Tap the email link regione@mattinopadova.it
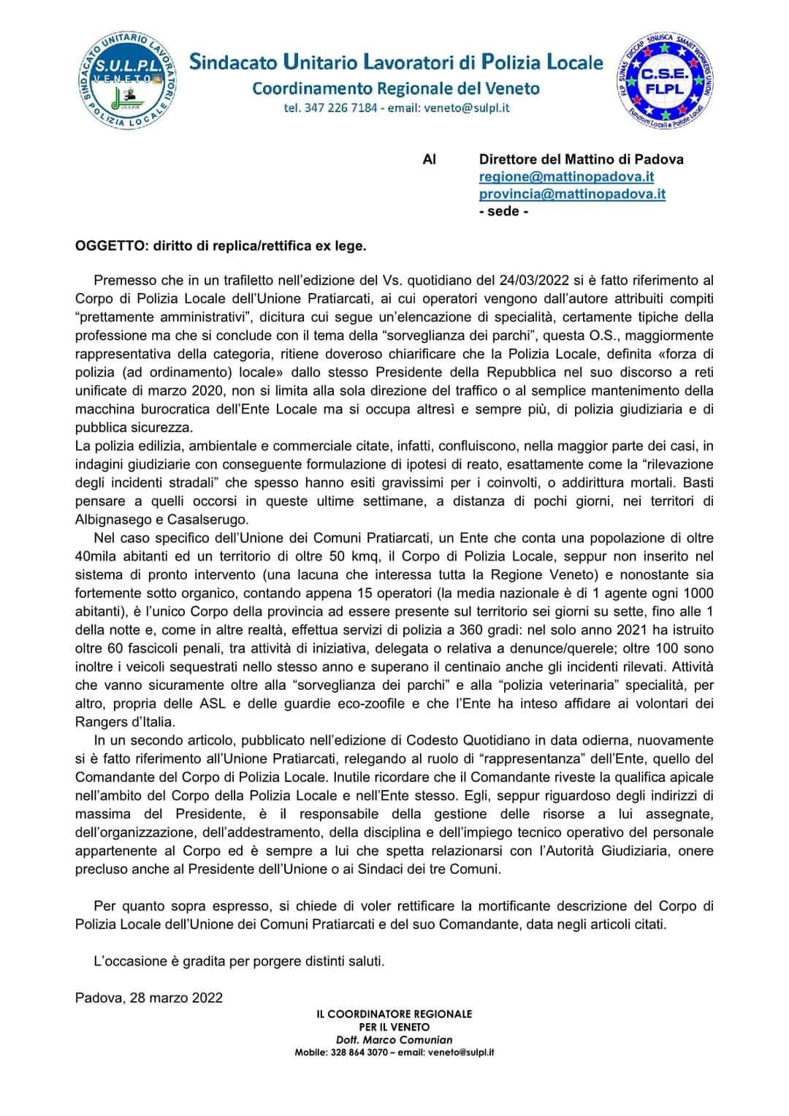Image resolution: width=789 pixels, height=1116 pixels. (x=566, y=177)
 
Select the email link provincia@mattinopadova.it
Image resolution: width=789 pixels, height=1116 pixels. (x=572, y=194)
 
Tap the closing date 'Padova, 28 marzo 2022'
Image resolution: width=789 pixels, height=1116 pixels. (x=149, y=998)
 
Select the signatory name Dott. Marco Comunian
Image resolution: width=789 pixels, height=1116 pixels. (x=394, y=1039)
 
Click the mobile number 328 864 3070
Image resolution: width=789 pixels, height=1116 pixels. (x=358, y=1052)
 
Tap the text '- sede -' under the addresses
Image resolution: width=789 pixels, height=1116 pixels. (x=503, y=212)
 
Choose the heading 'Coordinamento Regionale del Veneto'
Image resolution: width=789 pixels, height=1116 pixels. (x=396, y=89)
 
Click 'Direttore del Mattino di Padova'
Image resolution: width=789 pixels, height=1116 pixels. (x=581, y=159)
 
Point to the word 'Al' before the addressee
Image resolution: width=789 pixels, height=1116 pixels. (x=430, y=159)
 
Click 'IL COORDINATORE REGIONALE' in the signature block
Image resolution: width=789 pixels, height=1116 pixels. (x=394, y=1014)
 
